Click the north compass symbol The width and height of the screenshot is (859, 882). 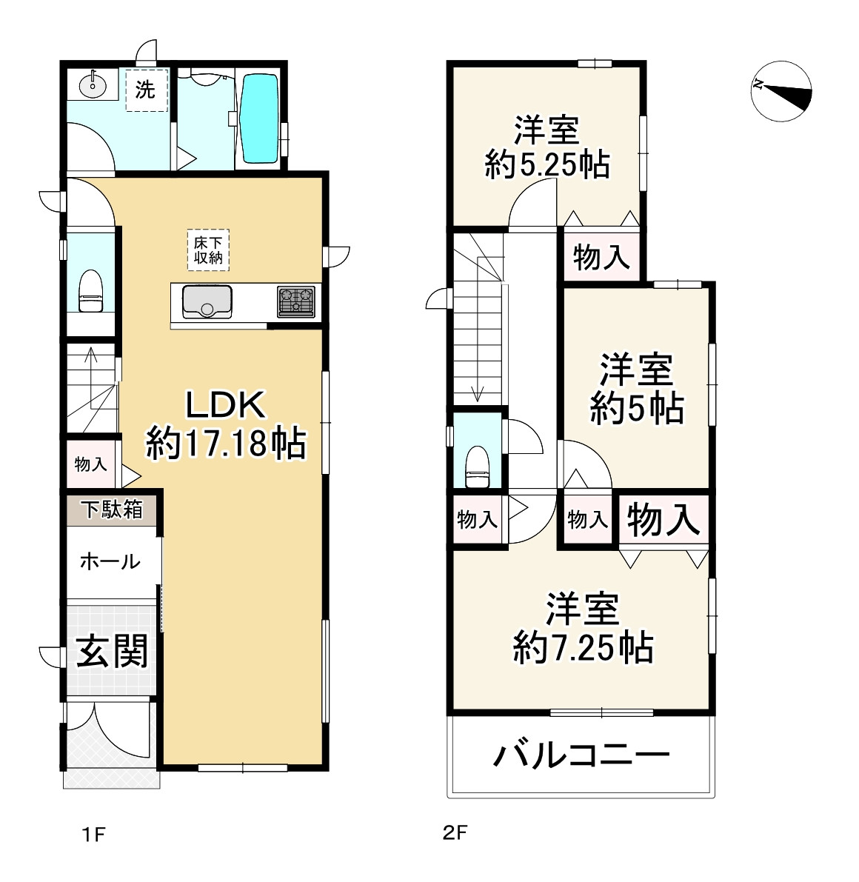[x=781, y=91]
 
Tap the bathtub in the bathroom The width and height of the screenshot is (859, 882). [x=259, y=119]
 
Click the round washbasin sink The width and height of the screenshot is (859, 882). [x=93, y=86]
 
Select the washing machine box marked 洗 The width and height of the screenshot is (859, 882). [x=147, y=90]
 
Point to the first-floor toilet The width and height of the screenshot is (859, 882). [x=90, y=291]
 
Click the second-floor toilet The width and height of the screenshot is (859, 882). [x=478, y=467]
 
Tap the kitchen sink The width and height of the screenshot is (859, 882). [x=207, y=301]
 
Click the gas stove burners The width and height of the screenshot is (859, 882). [x=296, y=301]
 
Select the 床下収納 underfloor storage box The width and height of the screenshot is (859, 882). [x=208, y=250]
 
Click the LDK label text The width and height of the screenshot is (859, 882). [x=226, y=405]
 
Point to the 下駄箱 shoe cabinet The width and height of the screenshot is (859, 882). [x=111, y=510]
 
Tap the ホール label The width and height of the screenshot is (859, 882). [x=110, y=561]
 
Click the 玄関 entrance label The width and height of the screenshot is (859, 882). [x=112, y=651]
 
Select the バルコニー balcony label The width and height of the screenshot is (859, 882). [x=581, y=755]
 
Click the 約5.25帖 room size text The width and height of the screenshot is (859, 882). [x=547, y=165]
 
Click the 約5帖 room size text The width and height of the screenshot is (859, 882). [x=637, y=408]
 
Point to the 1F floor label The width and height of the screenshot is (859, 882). [x=94, y=834]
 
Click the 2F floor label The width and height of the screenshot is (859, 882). [x=455, y=832]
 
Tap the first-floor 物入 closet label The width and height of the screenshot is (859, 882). [x=90, y=464]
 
